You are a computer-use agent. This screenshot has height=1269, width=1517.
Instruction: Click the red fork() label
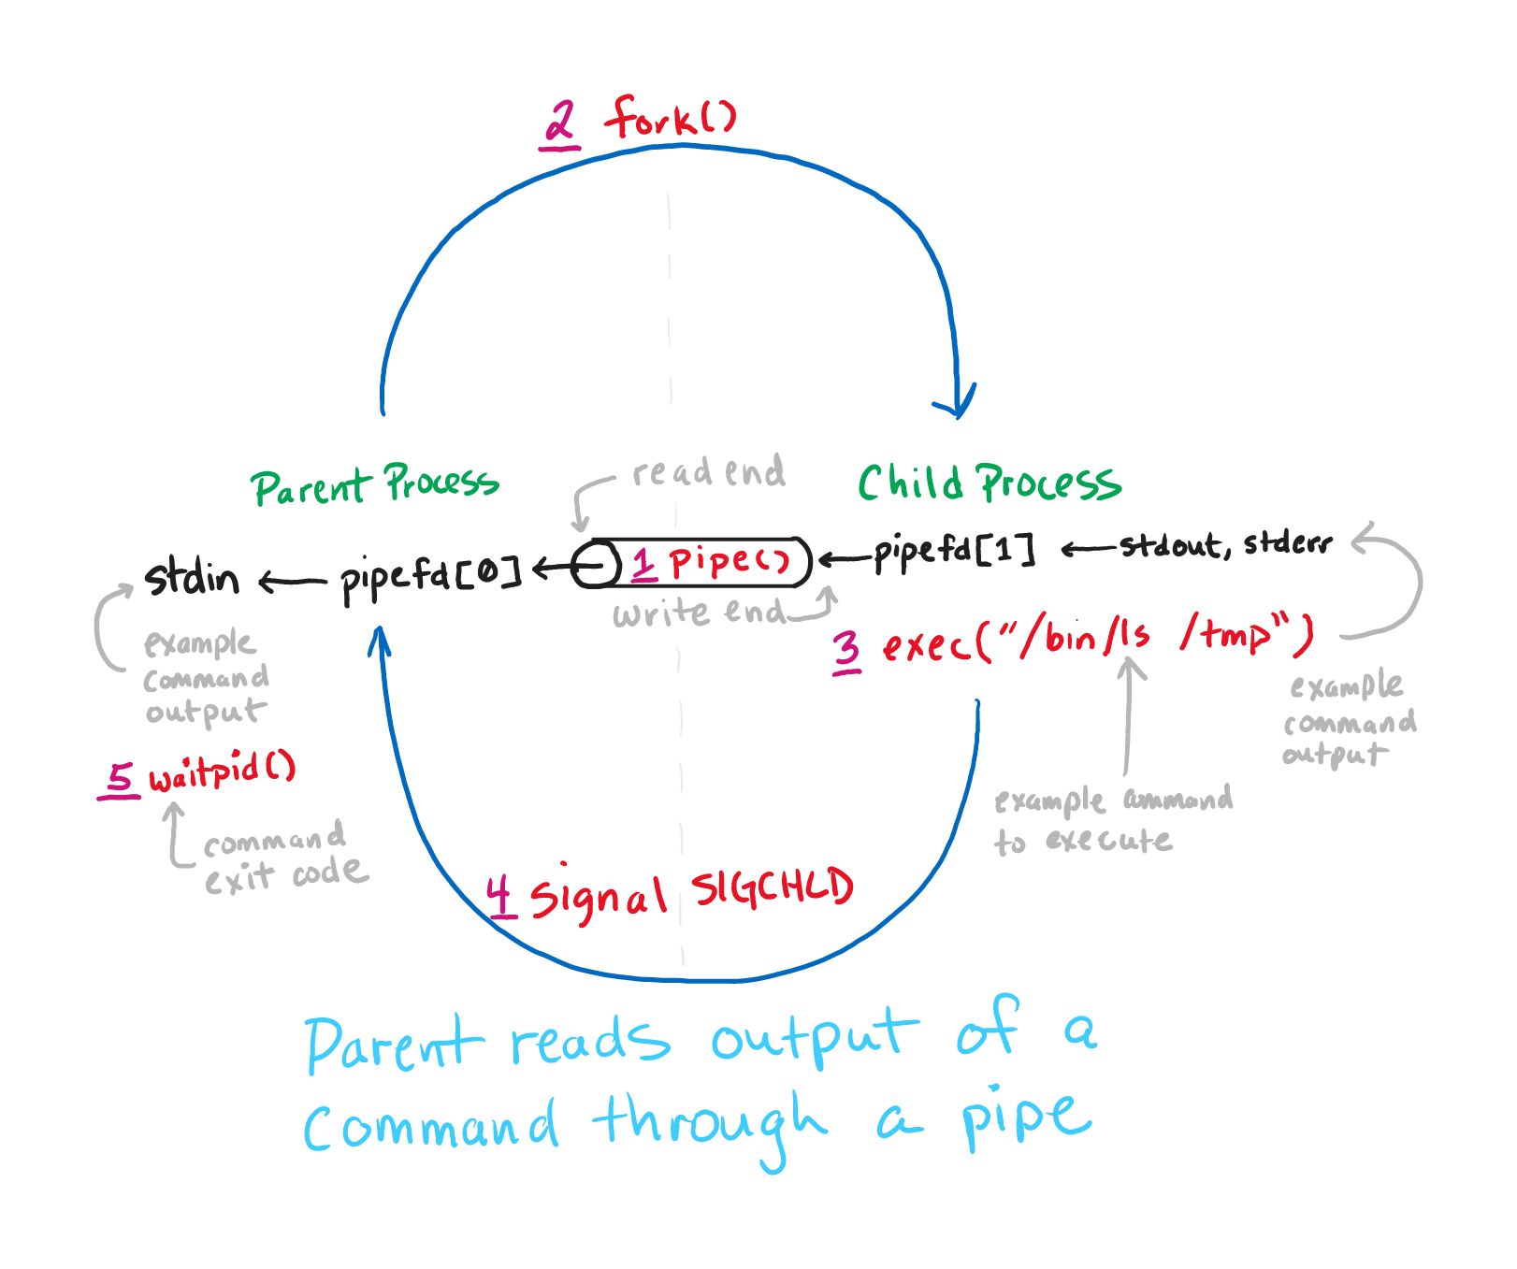coord(671,118)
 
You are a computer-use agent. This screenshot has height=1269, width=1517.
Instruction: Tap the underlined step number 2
coord(560,124)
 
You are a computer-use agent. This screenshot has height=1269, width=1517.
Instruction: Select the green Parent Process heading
coord(374,485)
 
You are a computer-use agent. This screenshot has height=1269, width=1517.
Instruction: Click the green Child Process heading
coord(990,483)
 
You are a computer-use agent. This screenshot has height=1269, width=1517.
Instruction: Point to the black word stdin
coord(192,577)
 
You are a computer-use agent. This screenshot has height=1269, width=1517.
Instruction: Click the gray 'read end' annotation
coord(708,472)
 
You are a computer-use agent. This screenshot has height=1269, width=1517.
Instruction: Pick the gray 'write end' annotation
coord(699,613)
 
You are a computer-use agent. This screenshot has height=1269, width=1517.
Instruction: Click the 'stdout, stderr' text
coord(1225,544)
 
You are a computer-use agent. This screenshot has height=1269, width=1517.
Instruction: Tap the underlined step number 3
coord(846,649)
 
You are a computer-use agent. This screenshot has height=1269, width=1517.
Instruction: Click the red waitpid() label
coord(222,772)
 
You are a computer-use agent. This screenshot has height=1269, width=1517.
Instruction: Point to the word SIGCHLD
coord(773,887)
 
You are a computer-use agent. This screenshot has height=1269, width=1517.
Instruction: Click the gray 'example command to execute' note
coord(1111,819)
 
